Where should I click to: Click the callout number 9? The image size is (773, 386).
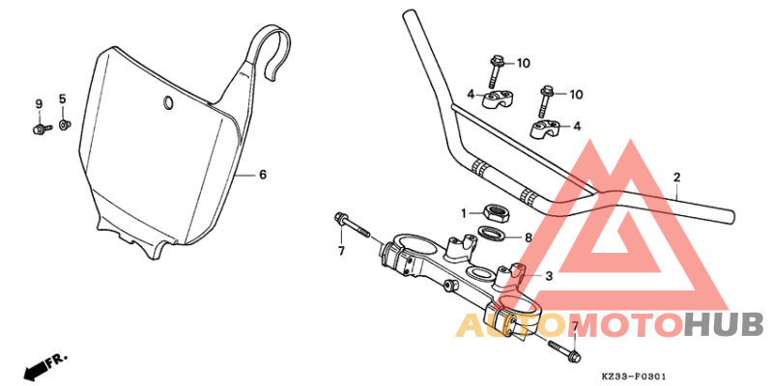[40, 104]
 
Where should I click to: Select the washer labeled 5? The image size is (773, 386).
[64, 124]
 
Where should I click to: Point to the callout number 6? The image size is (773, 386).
[262, 175]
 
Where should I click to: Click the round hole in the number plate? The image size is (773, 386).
[168, 103]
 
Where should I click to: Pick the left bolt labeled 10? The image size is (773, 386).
[496, 68]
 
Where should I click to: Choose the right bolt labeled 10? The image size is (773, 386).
[546, 98]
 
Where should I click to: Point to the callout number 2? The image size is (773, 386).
[677, 178]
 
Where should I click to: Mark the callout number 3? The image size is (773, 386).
[549, 276]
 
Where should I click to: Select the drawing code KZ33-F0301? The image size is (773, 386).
[635, 376]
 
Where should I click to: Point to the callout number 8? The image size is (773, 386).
[529, 236]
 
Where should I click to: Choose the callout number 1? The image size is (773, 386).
[464, 212]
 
